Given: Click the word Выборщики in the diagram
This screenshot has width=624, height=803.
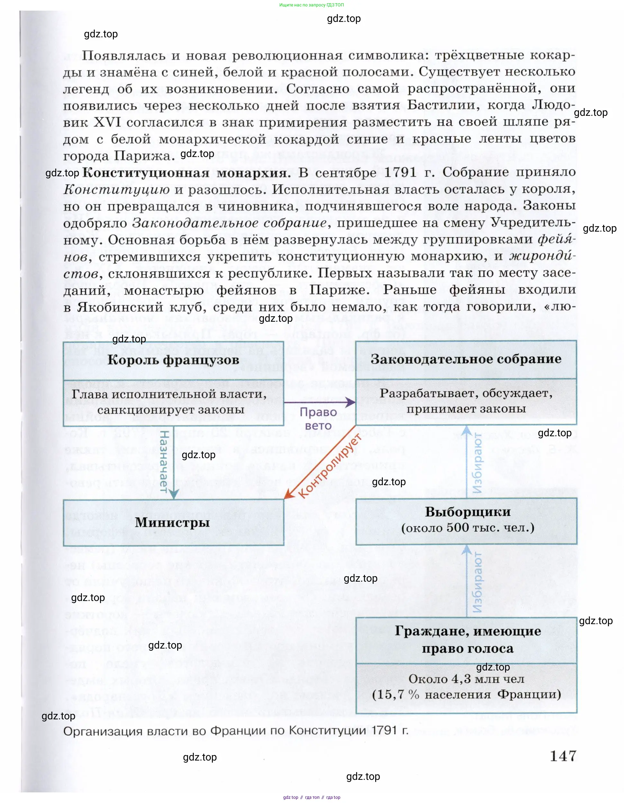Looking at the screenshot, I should tap(467, 512).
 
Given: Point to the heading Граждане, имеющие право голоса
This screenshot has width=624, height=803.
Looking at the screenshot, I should tap(467, 640).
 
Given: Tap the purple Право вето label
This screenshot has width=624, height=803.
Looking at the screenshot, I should tap(318, 419).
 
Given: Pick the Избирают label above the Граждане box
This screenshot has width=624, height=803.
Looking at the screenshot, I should tap(477, 582).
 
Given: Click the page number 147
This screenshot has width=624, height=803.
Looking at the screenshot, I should tap(563, 756).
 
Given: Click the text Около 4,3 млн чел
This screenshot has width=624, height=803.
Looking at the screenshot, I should tap(466, 679).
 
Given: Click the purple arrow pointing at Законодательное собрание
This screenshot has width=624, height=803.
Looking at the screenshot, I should tap(320, 402).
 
